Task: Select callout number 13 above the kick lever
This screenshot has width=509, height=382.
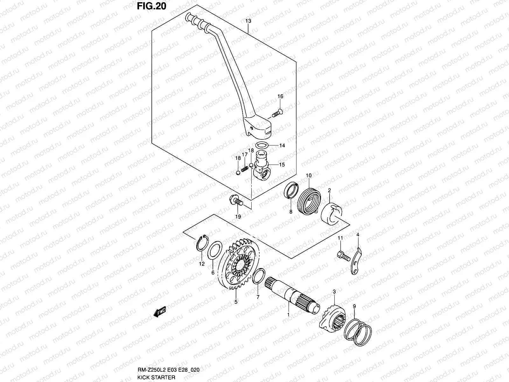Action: pos(248,21)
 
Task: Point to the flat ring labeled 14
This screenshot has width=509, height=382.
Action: pos(261,146)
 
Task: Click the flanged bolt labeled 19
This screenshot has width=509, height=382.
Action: pos(236,201)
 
